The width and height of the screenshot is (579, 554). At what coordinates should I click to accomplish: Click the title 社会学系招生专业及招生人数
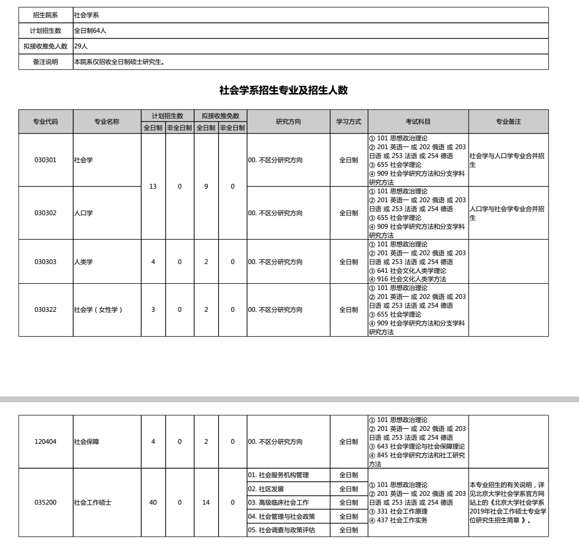284,90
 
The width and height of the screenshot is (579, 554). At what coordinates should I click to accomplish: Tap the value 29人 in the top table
81,46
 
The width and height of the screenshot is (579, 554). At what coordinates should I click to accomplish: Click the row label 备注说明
46,62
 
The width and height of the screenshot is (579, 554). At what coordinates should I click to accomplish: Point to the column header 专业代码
46,122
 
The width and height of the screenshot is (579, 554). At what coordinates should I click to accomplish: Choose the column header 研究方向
289,122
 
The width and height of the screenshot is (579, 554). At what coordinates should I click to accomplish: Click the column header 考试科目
418,122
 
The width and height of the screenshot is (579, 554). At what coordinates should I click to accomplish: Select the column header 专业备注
508,122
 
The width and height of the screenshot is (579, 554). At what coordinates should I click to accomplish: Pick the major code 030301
46,160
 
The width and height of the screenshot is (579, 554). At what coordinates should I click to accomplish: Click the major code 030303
46,262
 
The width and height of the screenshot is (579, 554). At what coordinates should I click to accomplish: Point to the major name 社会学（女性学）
98,310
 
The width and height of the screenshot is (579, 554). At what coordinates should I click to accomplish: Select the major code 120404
46,442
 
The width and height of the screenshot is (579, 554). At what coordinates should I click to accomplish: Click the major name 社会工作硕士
92,503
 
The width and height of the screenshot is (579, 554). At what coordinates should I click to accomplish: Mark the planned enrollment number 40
153,503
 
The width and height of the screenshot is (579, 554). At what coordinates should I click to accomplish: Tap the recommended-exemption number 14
206,503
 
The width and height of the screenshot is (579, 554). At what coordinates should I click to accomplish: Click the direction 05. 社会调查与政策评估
281,531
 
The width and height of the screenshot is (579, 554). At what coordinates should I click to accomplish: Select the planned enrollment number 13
153,186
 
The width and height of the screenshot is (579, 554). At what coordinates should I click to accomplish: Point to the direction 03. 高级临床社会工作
278,503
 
